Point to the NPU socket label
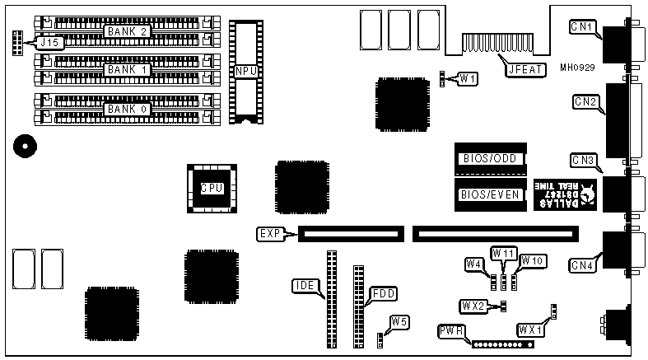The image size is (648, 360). tap(246, 72)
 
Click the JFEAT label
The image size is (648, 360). tap(524, 69)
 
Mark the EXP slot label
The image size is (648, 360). tap(269, 233)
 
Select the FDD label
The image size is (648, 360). tap(383, 292)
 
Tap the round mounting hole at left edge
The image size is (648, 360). tap(25, 147)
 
